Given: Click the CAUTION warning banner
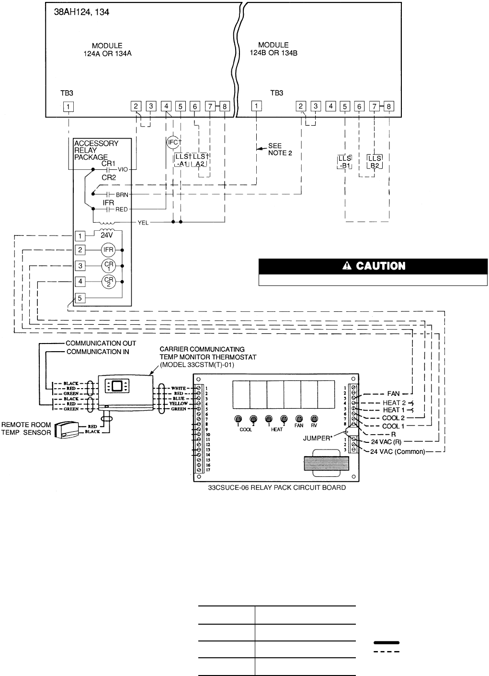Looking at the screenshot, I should coord(373,266).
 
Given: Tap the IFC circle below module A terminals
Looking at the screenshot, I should coord(172,142).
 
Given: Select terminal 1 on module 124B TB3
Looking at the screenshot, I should coord(257,106).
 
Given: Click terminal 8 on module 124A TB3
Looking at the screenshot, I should coord(225,106).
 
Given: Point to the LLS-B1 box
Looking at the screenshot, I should coord(345,162).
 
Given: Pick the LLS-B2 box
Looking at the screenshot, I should coord(375,162).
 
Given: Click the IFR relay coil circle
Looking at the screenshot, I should coord(108,250).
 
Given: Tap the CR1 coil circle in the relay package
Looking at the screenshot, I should coord(108,266).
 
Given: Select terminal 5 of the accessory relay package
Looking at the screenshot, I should coord(80,298).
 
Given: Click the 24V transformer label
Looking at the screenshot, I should coord(107,236).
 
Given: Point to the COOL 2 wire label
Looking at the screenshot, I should coord(394,418).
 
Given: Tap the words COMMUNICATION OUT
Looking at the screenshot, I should coord(101,343).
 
